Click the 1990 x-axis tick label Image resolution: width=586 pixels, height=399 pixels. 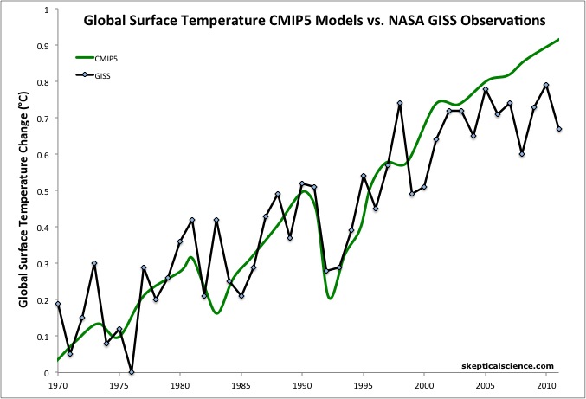click(302, 383)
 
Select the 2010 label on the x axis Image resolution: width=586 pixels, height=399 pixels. click(546, 383)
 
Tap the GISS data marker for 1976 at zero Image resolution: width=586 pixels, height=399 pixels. click(132, 372)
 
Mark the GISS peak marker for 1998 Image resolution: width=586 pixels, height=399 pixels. click(400, 103)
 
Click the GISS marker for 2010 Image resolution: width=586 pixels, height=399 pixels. click(546, 85)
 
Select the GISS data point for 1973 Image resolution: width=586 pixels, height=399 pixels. click(94, 263)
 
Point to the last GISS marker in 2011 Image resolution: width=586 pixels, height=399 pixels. click(559, 129)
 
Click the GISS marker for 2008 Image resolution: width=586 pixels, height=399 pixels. click(522, 154)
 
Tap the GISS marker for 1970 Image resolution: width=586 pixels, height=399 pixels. click(58, 304)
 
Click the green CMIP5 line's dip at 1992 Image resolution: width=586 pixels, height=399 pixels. click(330, 298)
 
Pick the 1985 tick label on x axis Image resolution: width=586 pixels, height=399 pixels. click(241, 383)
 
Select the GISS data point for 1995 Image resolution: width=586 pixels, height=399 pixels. click(363, 176)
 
